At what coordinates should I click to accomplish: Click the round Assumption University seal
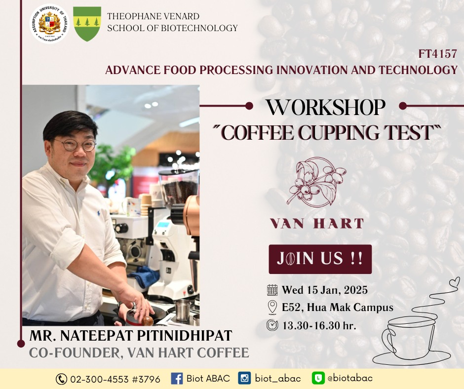49,24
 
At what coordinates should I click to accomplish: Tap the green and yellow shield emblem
87,24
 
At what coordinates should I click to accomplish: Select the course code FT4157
438,54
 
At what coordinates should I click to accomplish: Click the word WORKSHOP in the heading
325,107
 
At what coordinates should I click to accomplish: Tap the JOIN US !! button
320,259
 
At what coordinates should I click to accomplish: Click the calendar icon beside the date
272,290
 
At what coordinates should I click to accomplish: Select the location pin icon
272,307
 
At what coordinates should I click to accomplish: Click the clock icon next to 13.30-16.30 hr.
272,325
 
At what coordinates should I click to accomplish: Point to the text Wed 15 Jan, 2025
325,290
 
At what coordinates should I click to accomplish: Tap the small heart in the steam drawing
455,281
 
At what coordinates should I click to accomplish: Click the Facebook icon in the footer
177,379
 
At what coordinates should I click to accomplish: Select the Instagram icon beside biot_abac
244,378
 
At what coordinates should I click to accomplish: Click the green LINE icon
318,378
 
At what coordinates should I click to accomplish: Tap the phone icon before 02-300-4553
61,379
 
